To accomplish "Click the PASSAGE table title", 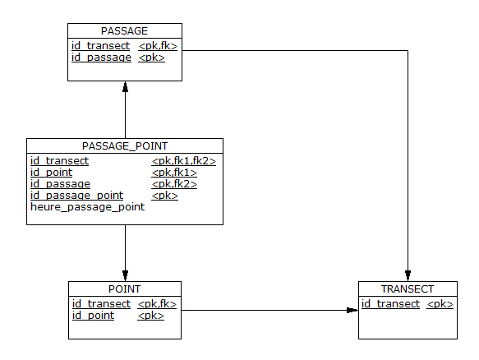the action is tap(124, 31).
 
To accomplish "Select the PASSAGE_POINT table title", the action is tap(125, 146).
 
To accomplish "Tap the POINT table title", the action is tap(124, 288).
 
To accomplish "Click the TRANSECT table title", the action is tap(408, 288).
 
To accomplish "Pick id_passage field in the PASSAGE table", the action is tap(101, 58).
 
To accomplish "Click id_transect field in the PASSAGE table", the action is tap(100, 46).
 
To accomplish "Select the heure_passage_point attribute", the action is tap(87, 207).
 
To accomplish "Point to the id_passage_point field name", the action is tap(76, 196).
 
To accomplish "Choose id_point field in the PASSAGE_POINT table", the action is tap(51, 173).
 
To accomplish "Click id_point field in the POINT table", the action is tap(93, 316).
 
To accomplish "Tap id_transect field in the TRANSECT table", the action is tap(390, 304).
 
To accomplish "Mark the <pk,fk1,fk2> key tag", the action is tap(183, 161).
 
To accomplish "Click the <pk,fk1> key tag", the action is tap(174, 173).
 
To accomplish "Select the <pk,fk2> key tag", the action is tap(174, 184).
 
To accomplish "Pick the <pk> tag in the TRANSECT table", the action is tap(440, 304).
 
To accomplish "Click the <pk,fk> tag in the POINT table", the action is tap(157, 304).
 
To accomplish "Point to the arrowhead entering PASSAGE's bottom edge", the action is tap(125, 87).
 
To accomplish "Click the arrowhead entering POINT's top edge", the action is tap(125, 275).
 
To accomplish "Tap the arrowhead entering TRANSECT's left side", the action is tap(352, 310).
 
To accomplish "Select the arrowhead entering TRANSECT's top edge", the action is tap(408, 275).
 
